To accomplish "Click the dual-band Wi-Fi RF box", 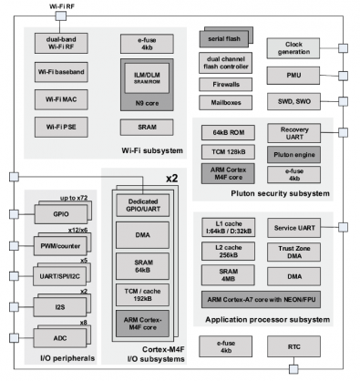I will pos(60,42).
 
